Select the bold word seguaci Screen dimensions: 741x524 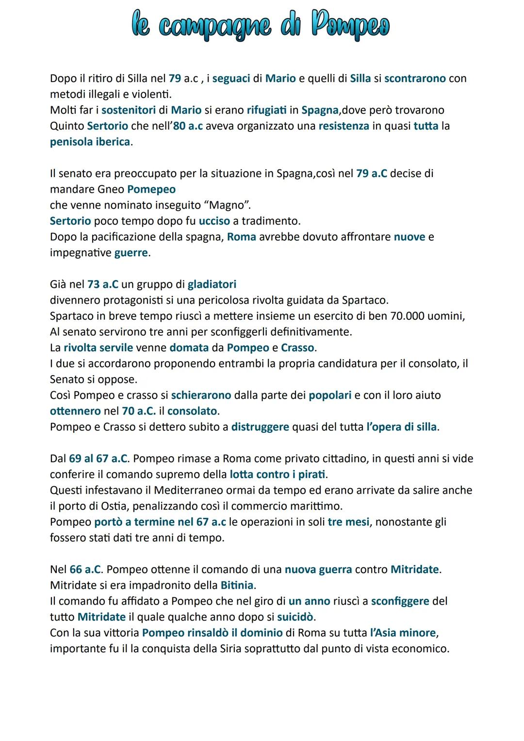tap(231, 78)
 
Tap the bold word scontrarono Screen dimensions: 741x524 tap(415, 78)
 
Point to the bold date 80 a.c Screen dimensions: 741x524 tap(188, 126)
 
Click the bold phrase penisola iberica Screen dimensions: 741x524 tap(90, 142)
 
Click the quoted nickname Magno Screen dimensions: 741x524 tap(226, 205)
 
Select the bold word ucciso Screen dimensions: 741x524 tap(214, 221)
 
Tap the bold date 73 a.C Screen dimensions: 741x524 tap(103, 284)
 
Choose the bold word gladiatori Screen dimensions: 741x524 tap(212, 284)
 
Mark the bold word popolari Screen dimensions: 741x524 tap(330, 395)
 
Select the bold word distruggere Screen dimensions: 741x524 tap(260, 427)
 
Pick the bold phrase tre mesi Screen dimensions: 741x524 tap(348, 522)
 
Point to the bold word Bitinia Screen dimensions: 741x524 tap(237, 585)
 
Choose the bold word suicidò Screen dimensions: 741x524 tap(295, 617)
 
